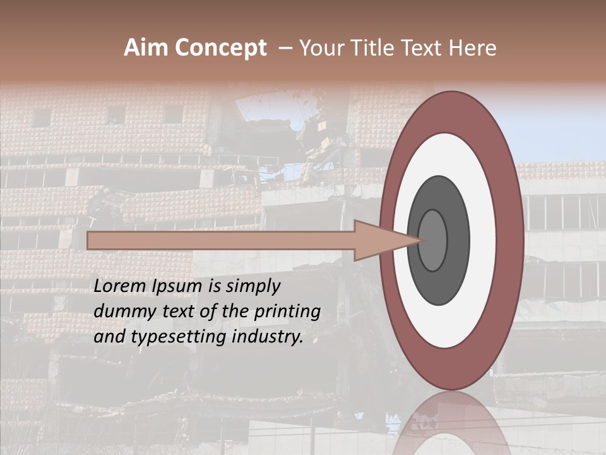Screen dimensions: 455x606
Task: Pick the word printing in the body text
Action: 288,312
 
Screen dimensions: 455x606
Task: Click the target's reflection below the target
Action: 451,423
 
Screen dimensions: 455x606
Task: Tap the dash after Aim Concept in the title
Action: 285,48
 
